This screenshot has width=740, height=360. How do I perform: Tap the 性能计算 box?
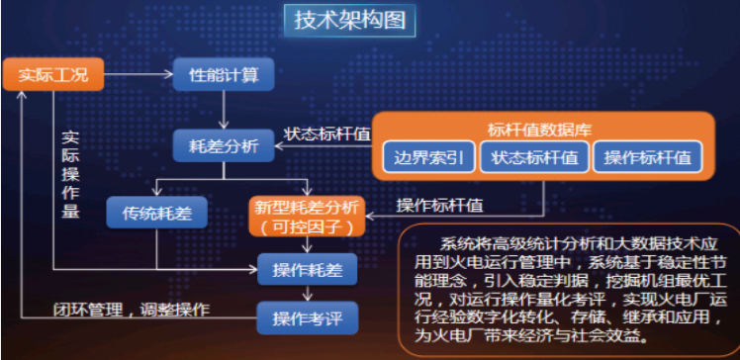225,74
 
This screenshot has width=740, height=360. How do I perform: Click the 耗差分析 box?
224,145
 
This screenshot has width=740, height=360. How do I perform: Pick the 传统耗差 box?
155,211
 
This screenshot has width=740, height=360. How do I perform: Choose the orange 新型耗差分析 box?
307,216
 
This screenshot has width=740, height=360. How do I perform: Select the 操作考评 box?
307,317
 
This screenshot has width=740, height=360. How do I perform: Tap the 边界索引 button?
428,157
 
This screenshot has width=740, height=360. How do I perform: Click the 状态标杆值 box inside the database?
534,157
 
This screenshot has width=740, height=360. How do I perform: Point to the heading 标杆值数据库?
540,129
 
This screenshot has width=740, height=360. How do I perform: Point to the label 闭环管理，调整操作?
132,309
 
